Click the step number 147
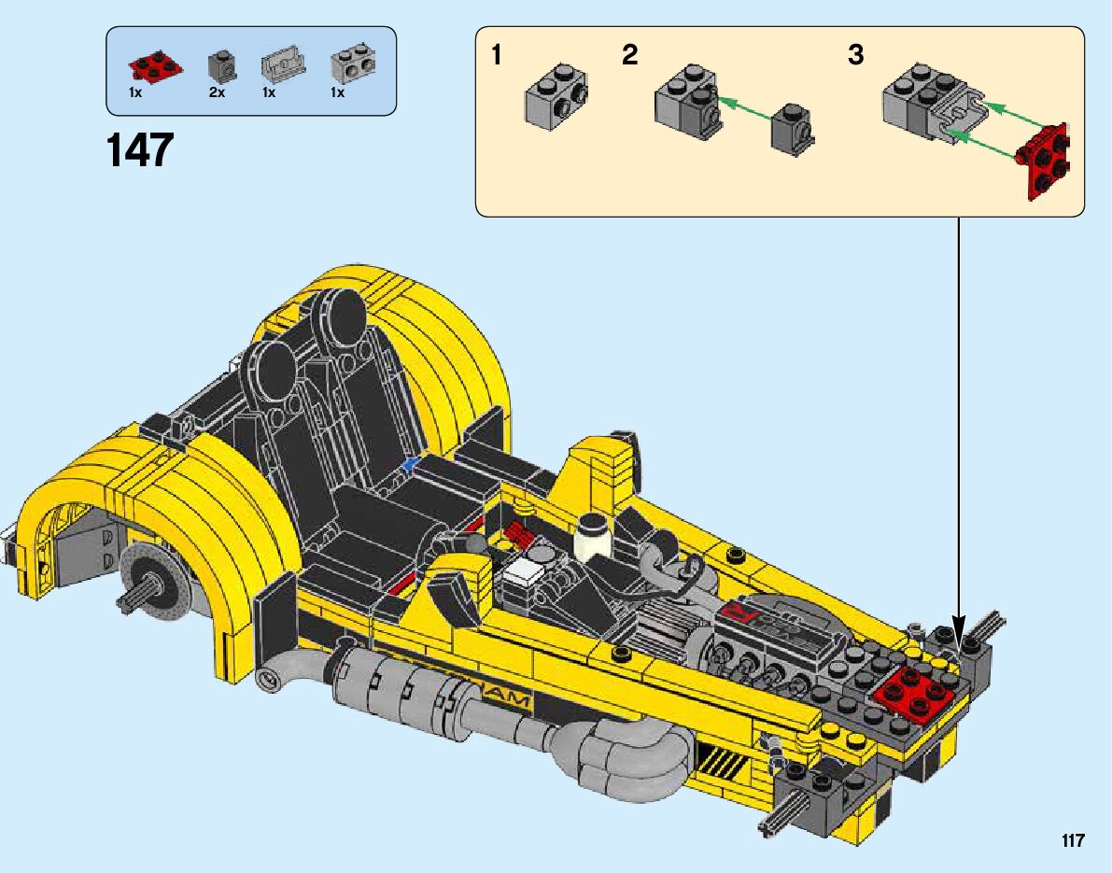pos(140,150)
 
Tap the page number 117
pos(1073,840)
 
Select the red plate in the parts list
pos(155,66)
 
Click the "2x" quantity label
pos(217,93)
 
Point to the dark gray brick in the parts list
pos(222,67)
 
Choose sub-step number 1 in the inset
pos(497,54)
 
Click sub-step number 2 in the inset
pos(629,54)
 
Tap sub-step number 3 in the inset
pos(856,54)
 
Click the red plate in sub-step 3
pos(1044,161)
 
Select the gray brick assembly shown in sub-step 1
pos(556,96)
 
